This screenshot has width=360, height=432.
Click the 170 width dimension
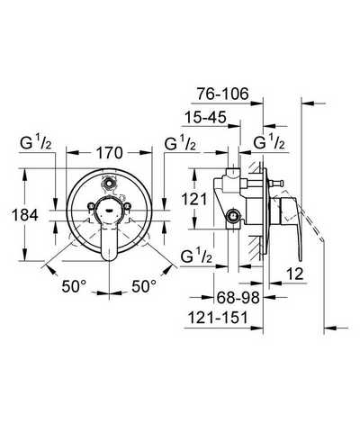pyautogui.click(x=110, y=153)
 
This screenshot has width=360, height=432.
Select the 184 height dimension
pyautogui.click(x=25, y=215)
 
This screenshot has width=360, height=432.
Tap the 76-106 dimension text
pyautogui.click(x=223, y=94)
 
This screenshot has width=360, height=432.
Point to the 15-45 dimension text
pyautogui.click(x=205, y=117)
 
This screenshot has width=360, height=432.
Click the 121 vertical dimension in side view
pyautogui.click(x=194, y=199)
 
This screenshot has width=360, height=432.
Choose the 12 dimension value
pyautogui.click(x=295, y=274)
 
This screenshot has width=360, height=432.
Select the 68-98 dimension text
pyautogui.click(x=238, y=298)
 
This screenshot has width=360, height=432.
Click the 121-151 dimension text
pyautogui.click(x=218, y=318)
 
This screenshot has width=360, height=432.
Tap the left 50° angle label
pyautogui.click(x=74, y=286)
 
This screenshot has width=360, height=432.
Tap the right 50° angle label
pyautogui.click(x=144, y=286)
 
